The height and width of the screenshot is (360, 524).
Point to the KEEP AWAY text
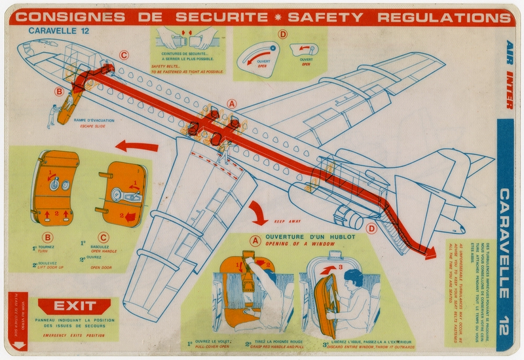pos(288,221)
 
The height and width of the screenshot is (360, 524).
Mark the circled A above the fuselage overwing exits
pos(231,103)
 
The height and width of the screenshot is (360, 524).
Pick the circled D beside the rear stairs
pos(371,228)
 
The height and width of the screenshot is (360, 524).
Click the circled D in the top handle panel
pos(282,35)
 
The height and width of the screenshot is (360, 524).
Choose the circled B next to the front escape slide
pos(59,92)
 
